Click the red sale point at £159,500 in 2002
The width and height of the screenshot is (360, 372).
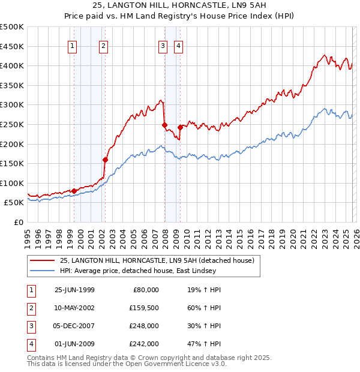(105, 160)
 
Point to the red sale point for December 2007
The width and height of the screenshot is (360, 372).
(164, 125)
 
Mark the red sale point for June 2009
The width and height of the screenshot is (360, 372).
(180, 127)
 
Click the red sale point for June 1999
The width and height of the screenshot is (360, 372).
(74, 191)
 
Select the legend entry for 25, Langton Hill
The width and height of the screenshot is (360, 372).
(157, 260)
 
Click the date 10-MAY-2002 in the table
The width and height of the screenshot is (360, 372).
(74, 308)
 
